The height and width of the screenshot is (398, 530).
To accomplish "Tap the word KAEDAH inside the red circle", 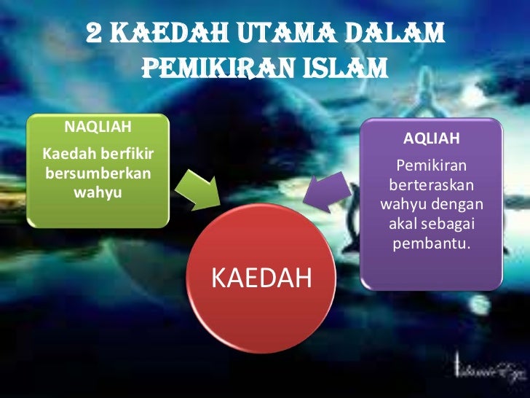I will (261, 278).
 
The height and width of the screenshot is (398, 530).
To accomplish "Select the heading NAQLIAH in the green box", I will (98, 128).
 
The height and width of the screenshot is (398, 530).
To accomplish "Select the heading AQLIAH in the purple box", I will (432, 138).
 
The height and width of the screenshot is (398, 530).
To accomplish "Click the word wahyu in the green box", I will (98, 192).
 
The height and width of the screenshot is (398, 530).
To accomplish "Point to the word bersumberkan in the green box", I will (98, 175).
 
